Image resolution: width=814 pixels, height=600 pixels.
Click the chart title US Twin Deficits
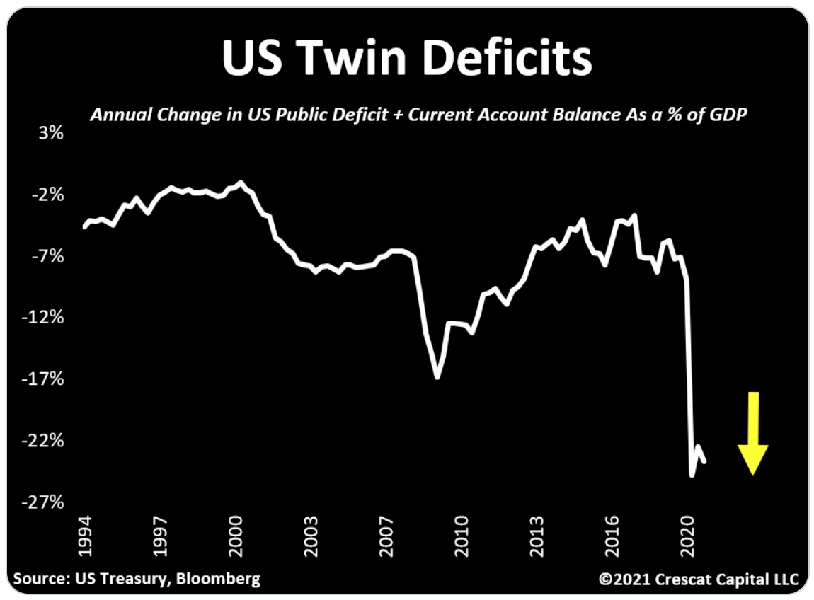(406, 58)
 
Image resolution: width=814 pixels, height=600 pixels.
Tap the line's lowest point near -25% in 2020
(692, 475)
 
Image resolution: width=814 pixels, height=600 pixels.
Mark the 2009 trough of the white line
(437, 377)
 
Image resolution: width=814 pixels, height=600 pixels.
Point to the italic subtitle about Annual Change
(418, 115)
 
